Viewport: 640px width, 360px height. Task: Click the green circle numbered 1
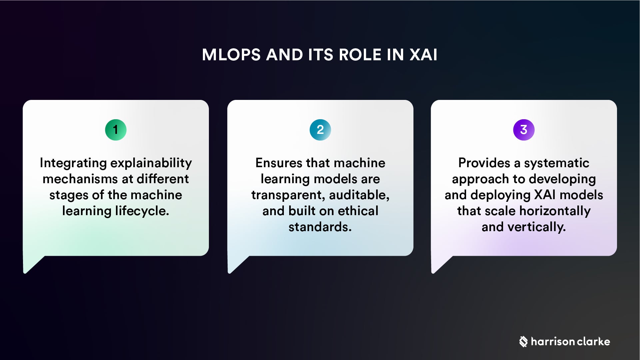tap(116, 130)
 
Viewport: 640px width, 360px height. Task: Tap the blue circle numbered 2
tap(320, 130)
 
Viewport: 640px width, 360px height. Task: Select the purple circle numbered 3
tap(524, 130)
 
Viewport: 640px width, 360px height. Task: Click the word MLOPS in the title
tap(231, 55)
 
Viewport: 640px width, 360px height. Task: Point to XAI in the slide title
tap(423, 55)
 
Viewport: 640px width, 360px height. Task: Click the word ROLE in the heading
tap(360, 55)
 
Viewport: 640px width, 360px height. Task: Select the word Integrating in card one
tap(73, 163)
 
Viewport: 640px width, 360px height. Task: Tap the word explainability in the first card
tap(151, 163)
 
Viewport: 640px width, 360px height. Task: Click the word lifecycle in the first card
tap(142, 211)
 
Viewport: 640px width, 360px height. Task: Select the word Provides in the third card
tap(484, 163)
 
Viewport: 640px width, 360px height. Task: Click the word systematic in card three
tap(556, 163)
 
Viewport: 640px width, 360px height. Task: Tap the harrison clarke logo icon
tap(523, 342)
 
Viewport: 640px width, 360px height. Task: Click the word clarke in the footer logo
tap(593, 342)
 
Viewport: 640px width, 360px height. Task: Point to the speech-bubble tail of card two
tap(235, 265)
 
